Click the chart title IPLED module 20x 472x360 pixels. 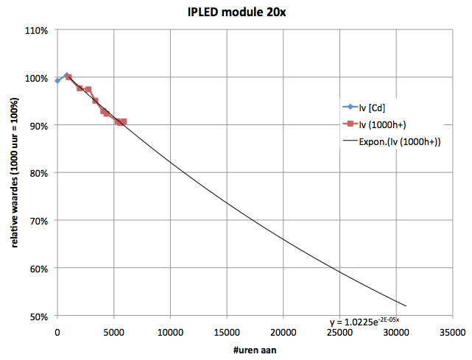click(236, 13)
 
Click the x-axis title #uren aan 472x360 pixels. click(236, 349)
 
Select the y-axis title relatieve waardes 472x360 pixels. click(15, 173)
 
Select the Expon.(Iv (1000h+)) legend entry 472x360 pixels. click(399, 141)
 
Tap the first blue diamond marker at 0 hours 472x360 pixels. click(57, 80)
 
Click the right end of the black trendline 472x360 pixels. click(406, 306)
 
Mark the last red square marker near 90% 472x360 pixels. click(123, 121)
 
